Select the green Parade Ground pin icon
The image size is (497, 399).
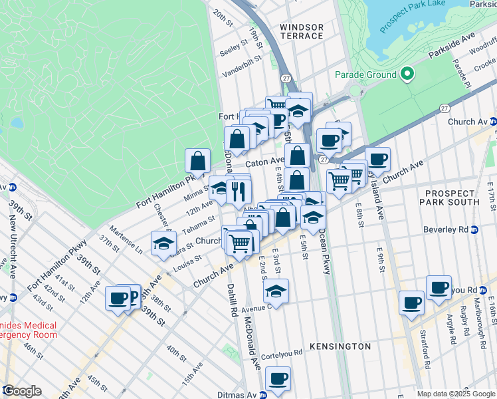(x=407, y=74)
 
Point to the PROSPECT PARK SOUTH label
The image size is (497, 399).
(x=450, y=197)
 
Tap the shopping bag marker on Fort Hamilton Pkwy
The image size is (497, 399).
(x=198, y=161)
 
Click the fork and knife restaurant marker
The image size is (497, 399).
(x=239, y=192)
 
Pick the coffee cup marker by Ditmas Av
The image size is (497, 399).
(x=278, y=380)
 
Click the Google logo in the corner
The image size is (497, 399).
(x=22, y=391)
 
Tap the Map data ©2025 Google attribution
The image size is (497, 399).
(x=455, y=394)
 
